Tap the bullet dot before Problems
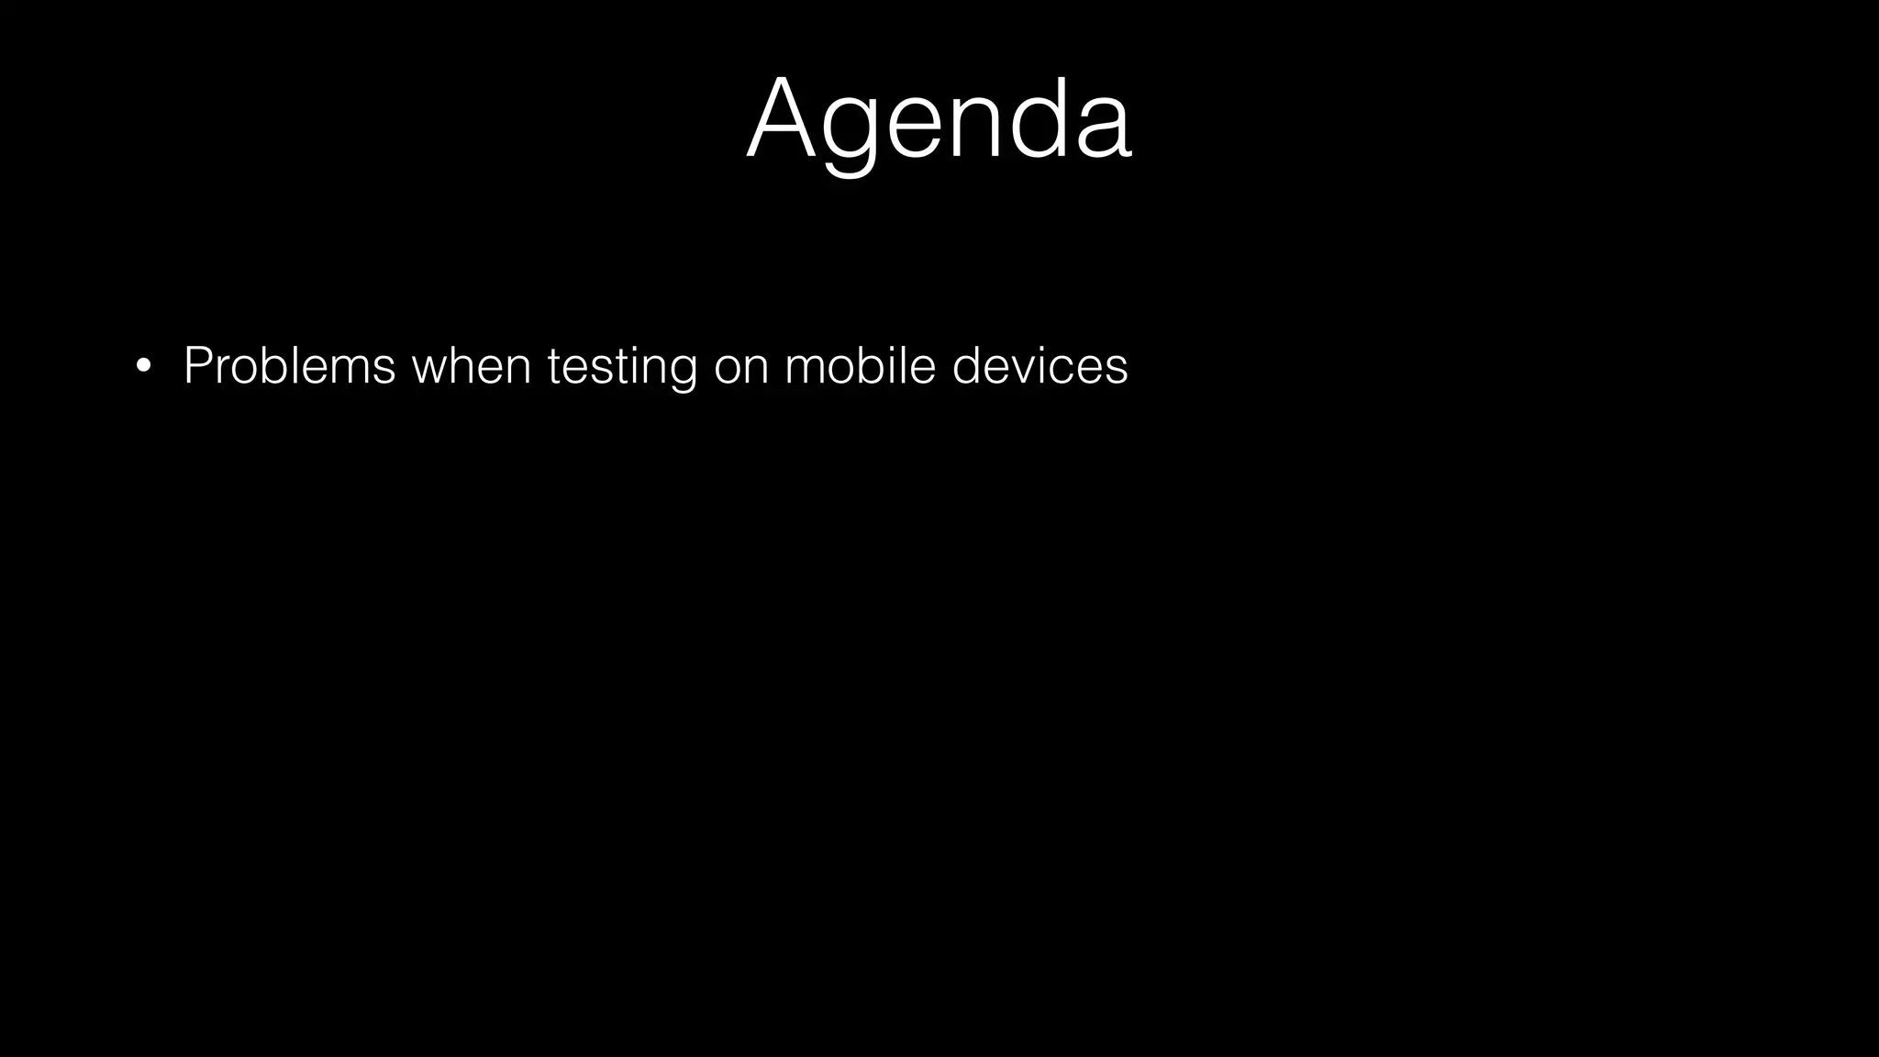click(142, 367)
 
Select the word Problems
click(289, 365)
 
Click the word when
click(472, 365)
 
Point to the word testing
click(622, 367)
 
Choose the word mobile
click(860, 365)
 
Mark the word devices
click(1040, 365)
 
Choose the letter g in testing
click(682, 371)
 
